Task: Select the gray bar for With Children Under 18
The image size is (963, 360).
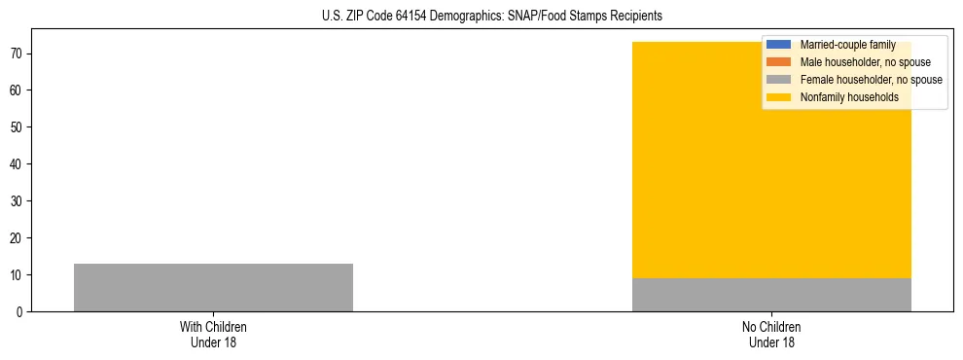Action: click(213, 287)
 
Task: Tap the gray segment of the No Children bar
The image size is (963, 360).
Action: click(771, 295)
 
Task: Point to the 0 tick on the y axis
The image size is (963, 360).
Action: click(20, 312)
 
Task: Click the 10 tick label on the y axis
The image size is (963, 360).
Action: click(18, 275)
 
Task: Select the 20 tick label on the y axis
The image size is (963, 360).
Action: click(18, 238)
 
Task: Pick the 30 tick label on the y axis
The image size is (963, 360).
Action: click(18, 201)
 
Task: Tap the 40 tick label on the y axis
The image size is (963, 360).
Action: click(18, 164)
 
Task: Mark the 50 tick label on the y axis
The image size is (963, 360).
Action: click(18, 127)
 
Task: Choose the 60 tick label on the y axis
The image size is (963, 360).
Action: click(18, 90)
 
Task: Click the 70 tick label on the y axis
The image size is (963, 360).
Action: click(18, 54)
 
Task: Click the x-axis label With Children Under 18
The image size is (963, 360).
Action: click(213, 335)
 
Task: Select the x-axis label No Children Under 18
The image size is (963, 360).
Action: click(771, 335)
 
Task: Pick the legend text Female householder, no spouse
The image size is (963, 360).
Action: click(871, 80)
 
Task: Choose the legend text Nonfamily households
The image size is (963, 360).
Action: click(849, 97)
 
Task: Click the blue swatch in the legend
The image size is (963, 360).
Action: click(779, 45)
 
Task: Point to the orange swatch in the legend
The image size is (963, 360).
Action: click(779, 62)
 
